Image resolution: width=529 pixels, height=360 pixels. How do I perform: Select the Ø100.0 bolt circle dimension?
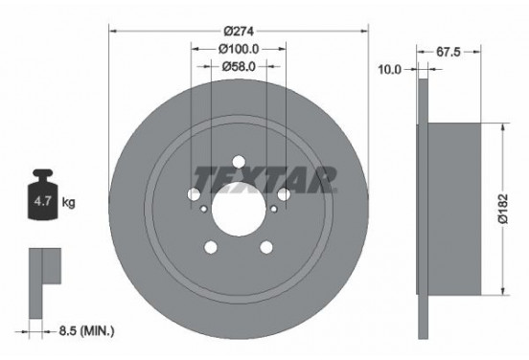click(x=237, y=48)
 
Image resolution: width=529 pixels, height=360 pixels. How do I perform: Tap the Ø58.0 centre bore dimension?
click(x=237, y=66)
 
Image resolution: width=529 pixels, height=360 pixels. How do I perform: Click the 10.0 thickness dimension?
click(x=390, y=69)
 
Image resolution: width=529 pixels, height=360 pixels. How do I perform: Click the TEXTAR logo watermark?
click(x=265, y=177)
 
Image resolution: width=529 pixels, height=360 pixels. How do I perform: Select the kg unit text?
click(x=67, y=204)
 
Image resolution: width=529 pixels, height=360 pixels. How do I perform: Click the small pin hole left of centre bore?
click(x=202, y=207)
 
